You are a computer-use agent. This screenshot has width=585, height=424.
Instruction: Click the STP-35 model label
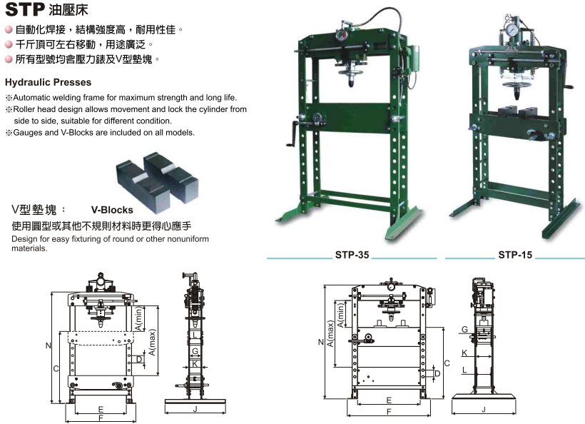352,255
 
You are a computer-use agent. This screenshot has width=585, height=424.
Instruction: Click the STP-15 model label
515,255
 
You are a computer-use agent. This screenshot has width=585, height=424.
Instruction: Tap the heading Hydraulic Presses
48,82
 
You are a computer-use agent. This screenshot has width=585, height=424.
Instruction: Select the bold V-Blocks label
112,210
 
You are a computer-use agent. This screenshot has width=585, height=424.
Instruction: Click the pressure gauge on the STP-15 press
510,29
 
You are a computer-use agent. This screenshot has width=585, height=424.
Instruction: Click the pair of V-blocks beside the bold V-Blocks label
158,181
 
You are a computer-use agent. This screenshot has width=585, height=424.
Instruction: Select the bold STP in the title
25,9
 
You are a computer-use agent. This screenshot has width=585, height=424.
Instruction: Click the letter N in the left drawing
48,345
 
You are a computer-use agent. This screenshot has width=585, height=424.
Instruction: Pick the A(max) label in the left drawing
151,342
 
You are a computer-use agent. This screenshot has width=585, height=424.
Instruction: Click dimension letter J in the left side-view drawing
195,409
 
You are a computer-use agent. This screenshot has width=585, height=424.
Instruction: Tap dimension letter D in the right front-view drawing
437,373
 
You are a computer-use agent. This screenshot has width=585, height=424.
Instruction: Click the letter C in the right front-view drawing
447,363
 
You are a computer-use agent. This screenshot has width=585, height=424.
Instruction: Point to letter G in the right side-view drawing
464,329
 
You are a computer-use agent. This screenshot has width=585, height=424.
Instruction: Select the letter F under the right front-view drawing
389,412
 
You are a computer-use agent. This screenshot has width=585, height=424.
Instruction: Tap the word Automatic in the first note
31,97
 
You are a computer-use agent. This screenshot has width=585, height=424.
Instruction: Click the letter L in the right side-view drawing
464,370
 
